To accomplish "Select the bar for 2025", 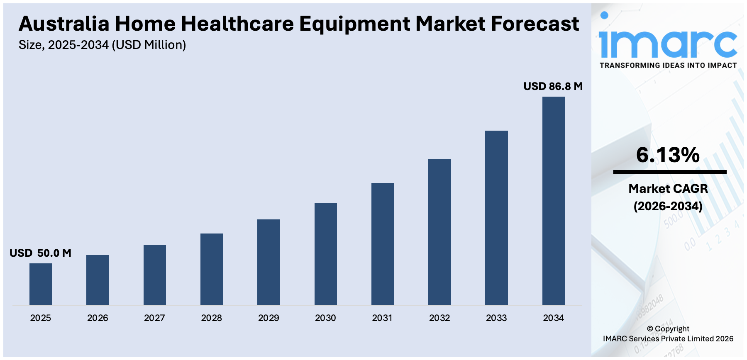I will tap(41, 284).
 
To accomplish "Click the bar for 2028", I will tap(212, 269).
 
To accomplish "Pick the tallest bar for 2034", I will tap(554, 201).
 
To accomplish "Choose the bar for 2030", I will tap(326, 254).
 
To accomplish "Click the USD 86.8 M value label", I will tap(553, 86).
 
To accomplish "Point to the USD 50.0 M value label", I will tap(40, 253).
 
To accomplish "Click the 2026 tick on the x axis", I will tap(98, 318).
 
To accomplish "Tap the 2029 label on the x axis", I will tap(269, 318).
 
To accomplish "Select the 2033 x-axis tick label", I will tap(496, 318).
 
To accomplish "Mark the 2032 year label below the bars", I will tap(439, 318).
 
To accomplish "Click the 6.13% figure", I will tap(668, 155).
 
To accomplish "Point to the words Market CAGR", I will tap(668, 189).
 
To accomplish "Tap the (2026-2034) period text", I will tap(668, 206).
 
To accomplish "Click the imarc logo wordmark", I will tap(668, 41).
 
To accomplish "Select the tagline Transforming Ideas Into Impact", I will tap(668, 66).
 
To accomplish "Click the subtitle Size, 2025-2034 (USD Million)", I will tap(102, 45).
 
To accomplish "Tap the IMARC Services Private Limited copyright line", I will tap(668, 339).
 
